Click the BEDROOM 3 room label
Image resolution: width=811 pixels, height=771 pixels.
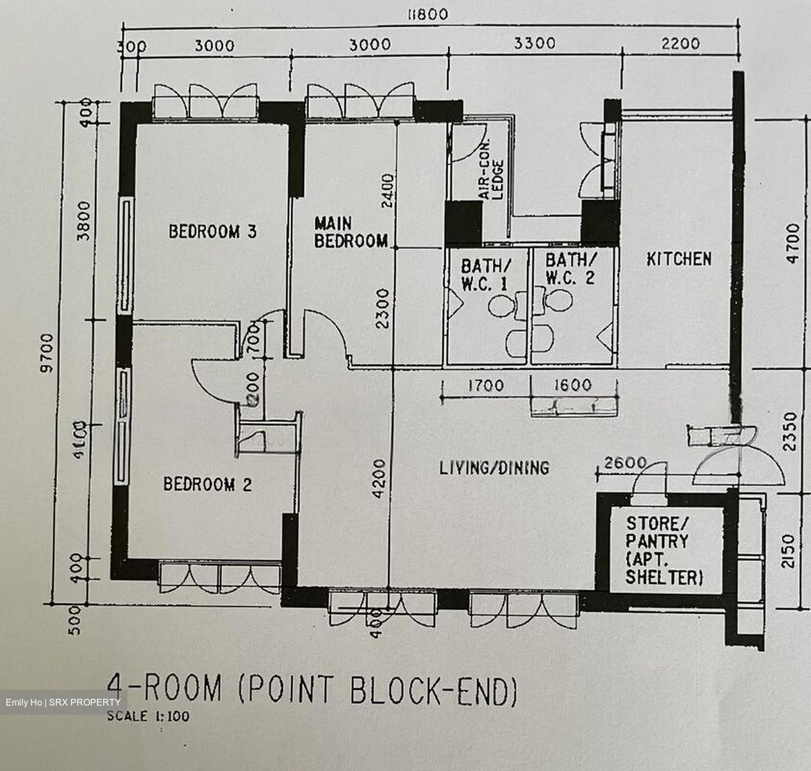click(212, 231)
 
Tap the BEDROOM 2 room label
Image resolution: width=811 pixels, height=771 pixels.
click(207, 484)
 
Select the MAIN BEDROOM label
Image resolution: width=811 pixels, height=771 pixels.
click(350, 232)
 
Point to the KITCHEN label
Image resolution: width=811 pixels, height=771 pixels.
click(679, 259)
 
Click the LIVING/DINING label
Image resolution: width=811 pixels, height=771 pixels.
click(494, 467)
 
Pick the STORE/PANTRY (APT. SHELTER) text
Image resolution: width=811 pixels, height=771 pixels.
click(663, 550)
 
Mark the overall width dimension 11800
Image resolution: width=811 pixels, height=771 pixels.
click(427, 14)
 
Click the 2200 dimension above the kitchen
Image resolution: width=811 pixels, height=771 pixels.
click(680, 43)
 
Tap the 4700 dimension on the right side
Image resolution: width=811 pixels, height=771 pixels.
click(792, 243)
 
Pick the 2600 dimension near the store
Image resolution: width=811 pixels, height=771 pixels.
click(625, 463)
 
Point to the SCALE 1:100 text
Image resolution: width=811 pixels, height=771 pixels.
click(148, 716)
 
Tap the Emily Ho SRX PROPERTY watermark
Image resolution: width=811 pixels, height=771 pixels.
click(63, 702)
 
